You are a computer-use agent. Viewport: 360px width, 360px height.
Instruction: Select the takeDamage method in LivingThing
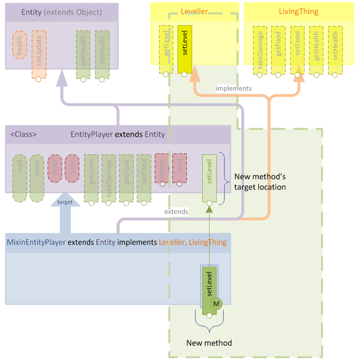pyautogui.click(x=260, y=49)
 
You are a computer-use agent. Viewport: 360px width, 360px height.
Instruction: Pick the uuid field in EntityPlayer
pyautogui.click(x=20, y=170)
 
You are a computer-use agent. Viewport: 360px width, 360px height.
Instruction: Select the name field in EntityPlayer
pyautogui.click(x=37, y=170)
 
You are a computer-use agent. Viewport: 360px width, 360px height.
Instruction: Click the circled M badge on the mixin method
pyautogui.click(x=216, y=304)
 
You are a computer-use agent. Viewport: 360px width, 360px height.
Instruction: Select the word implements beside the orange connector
pyautogui.click(x=233, y=88)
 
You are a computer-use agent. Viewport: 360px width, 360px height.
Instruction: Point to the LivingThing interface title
pyautogui.click(x=298, y=11)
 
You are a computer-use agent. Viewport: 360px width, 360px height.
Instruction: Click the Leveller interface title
pyautogui.click(x=194, y=11)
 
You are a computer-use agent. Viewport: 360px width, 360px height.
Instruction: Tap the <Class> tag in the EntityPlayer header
pyautogui.click(x=24, y=134)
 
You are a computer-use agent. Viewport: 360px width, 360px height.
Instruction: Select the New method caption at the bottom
pyautogui.click(x=209, y=343)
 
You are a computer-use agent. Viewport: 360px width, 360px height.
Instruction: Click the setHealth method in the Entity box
pyautogui.click(x=102, y=54)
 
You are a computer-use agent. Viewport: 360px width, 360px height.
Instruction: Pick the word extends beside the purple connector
pyautogui.click(x=176, y=212)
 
